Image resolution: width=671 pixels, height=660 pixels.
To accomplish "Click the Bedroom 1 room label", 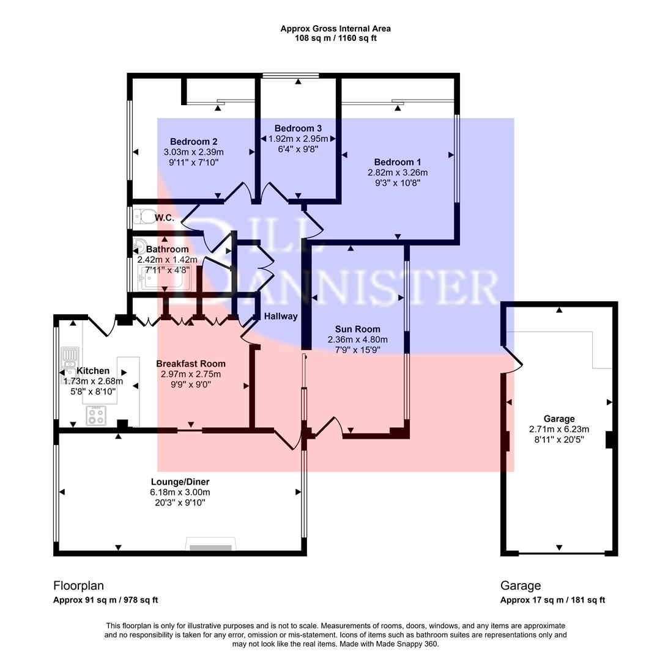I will coord(397,162).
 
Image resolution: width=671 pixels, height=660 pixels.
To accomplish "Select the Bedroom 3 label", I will coord(298,128).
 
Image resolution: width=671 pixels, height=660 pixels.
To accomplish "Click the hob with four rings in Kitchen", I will coord(97,416).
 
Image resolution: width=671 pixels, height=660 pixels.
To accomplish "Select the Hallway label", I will coord(280,316).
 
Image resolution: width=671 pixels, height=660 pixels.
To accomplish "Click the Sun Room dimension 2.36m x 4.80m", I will coord(357,340).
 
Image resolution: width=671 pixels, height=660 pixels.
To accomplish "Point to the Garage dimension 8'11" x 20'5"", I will coord(558,439).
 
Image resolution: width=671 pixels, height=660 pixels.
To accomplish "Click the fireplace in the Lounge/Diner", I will coord(210,546).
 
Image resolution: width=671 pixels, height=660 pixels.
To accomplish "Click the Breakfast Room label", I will coord(190,364).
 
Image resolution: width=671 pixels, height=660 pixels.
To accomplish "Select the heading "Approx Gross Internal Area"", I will coord(335,28).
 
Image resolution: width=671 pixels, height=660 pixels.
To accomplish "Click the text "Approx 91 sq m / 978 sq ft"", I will coord(105,600).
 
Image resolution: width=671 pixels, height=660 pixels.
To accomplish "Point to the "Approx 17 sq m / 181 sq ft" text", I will coord(552,600).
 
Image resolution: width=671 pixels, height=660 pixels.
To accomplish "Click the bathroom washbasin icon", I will coord(138,247).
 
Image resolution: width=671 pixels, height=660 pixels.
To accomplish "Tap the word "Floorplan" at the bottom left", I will coord(78,585).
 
